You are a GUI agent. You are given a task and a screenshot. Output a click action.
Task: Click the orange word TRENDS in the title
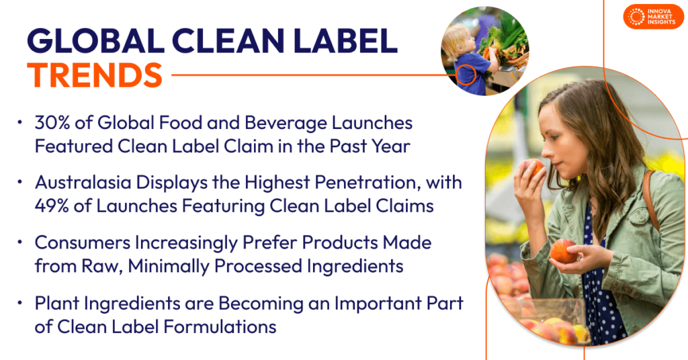coord(95,75)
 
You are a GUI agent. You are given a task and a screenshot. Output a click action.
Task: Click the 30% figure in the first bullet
coord(52,124)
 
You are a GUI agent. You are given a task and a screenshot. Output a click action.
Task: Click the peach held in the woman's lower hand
coord(562,251)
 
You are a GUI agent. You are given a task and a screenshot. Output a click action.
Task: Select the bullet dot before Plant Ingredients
coord(21,303)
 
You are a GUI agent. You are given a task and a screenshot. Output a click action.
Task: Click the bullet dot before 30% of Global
coord(21,124)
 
